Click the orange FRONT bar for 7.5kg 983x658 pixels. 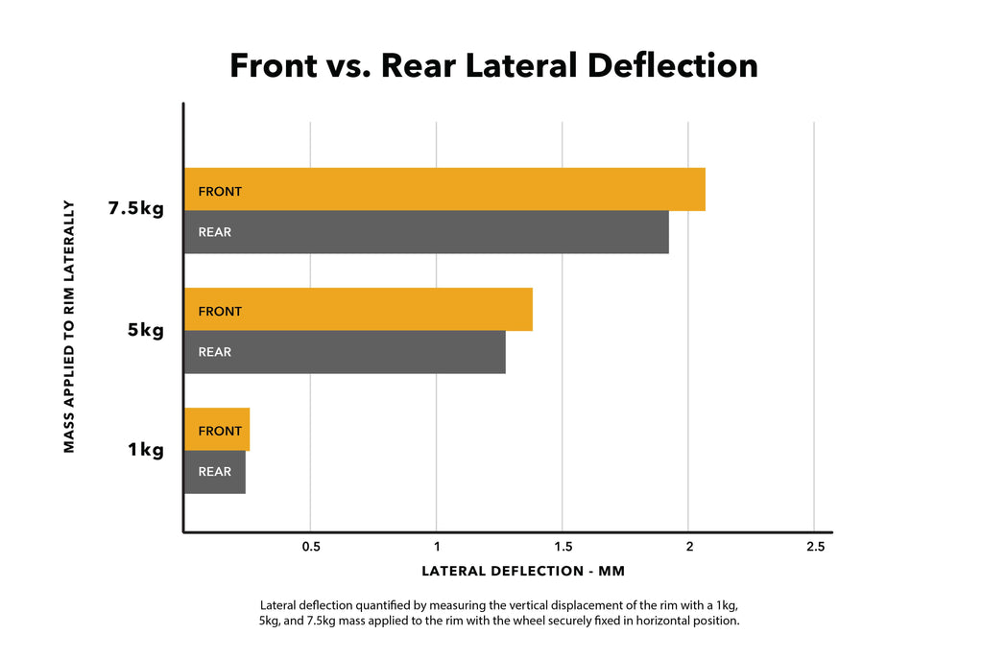[444, 190]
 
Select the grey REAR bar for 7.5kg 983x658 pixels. [426, 232]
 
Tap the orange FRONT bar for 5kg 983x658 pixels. [358, 310]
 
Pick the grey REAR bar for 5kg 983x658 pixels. [345, 352]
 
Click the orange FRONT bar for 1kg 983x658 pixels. [217, 430]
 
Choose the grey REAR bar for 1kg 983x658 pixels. [215, 472]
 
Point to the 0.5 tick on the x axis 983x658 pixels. [311, 547]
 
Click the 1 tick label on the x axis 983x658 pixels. [437, 547]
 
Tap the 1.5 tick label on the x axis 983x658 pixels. [563, 547]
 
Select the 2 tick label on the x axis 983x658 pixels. [688, 547]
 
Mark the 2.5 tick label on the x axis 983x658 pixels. [814, 547]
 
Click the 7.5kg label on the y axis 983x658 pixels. [135, 209]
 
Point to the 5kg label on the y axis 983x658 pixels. [145, 331]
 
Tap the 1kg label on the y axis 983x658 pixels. [145, 449]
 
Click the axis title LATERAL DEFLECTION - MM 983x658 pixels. [523, 572]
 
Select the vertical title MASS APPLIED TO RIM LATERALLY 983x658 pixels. [69, 326]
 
